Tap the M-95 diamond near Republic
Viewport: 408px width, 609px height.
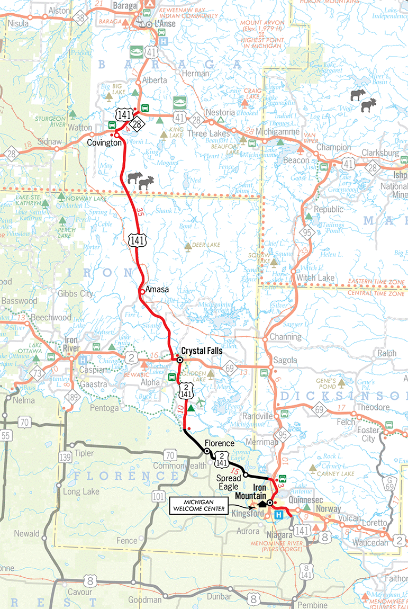(x=306, y=232)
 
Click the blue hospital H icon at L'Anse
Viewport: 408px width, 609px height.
(x=164, y=40)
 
